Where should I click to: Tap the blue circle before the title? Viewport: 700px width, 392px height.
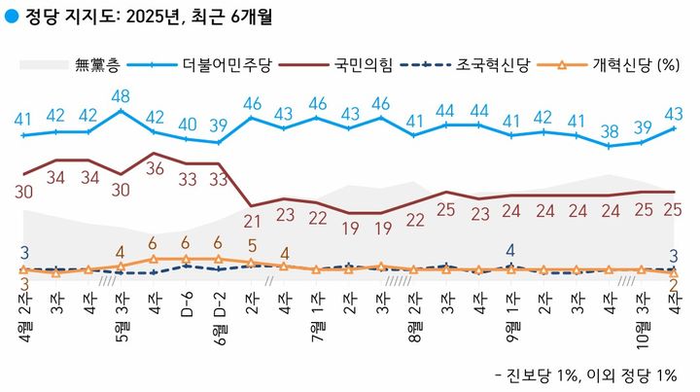pyautogui.click(x=11, y=17)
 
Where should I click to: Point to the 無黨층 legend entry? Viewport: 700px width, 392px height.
pyautogui.click(x=97, y=65)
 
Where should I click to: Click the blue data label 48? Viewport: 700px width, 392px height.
pyautogui.click(x=122, y=96)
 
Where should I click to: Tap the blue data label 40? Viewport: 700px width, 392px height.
pyautogui.click(x=187, y=125)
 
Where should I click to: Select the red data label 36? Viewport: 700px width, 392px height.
pyautogui.click(x=155, y=168)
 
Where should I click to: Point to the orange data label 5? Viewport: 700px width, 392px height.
pyautogui.click(x=252, y=246)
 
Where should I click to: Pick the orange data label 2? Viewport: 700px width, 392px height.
pyautogui.click(x=674, y=285)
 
